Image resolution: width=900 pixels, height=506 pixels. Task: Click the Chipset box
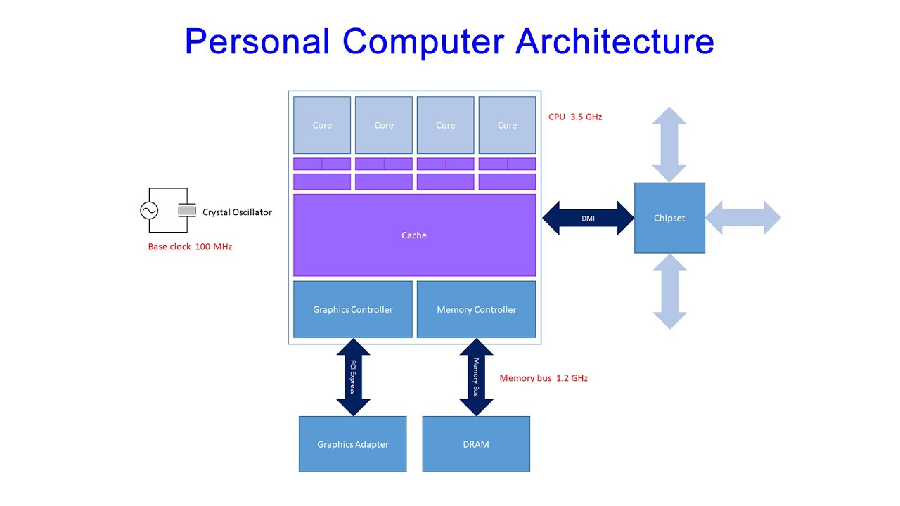pos(669,218)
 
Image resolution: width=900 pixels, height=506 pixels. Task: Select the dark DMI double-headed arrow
pos(588,218)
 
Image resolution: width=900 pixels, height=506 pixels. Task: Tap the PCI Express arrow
pos(353,377)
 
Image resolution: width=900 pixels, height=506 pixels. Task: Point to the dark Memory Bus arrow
pos(476,377)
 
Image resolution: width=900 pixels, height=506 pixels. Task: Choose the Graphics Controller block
pos(353,309)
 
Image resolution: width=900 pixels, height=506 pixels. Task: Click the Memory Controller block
pos(476,309)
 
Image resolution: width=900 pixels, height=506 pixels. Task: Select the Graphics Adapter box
pos(353,444)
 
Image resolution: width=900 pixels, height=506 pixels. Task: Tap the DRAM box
pos(476,444)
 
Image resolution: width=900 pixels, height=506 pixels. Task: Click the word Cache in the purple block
pos(414,235)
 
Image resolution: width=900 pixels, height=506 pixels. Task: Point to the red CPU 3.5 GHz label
pos(575,117)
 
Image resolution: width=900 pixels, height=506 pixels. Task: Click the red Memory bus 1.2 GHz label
pos(544,378)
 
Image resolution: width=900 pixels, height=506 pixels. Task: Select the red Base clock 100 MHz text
pos(190,247)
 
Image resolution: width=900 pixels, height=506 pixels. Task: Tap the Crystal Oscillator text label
pos(237,212)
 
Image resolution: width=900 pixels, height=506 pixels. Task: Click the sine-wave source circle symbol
pos(149,210)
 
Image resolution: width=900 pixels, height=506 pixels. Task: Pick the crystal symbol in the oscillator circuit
pos(187,210)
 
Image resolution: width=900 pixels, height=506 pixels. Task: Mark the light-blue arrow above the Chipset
pos(669,144)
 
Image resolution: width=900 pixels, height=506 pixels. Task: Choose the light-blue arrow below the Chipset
pos(669,291)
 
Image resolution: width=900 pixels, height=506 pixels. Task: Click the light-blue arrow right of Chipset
pos(743,218)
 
